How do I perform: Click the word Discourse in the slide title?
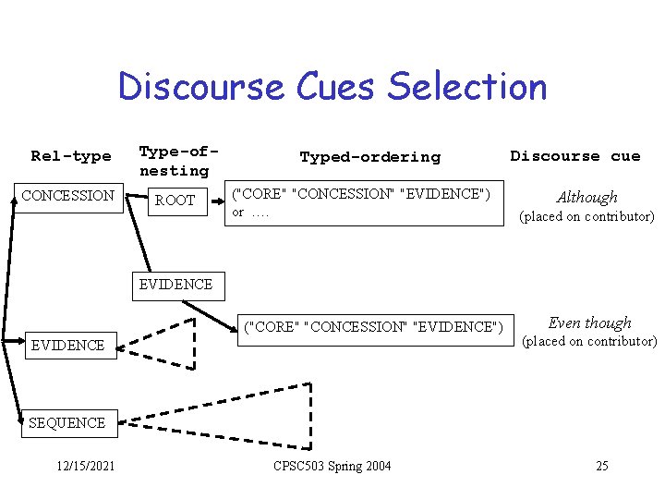(x=200, y=88)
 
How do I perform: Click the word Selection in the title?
(x=467, y=88)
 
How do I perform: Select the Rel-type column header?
(x=70, y=156)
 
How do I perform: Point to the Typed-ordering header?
(x=369, y=157)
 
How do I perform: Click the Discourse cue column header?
(x=574, y=156)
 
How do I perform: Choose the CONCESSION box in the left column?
(x=68, y=196)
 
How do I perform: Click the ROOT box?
(x=175, y=200)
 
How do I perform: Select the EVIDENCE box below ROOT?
(x=175, y=284)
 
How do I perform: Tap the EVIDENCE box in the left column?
(x=67, y=346)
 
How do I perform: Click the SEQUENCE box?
(x=67, y=422)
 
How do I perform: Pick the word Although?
(x=586, y=197)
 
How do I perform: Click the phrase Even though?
(x=589, y=323)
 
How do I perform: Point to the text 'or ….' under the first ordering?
(x=249, y=213)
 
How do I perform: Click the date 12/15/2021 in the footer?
(x=84, y=466)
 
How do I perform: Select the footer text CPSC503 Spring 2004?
(x=332, y=466)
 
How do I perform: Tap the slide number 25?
(x=601, y=466)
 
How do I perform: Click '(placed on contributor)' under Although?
(x=586, y=217)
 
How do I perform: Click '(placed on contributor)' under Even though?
(x=589, y=342)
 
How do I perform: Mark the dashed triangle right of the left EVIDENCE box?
(x=166, y=344)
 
